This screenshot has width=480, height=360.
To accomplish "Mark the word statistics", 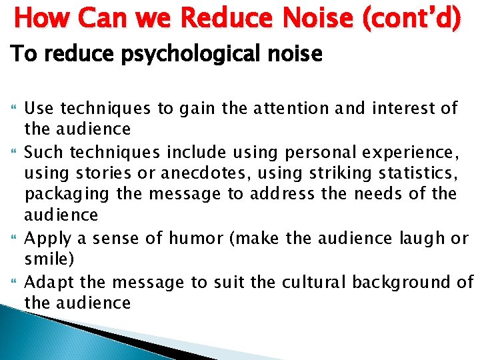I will click(419, 174).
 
